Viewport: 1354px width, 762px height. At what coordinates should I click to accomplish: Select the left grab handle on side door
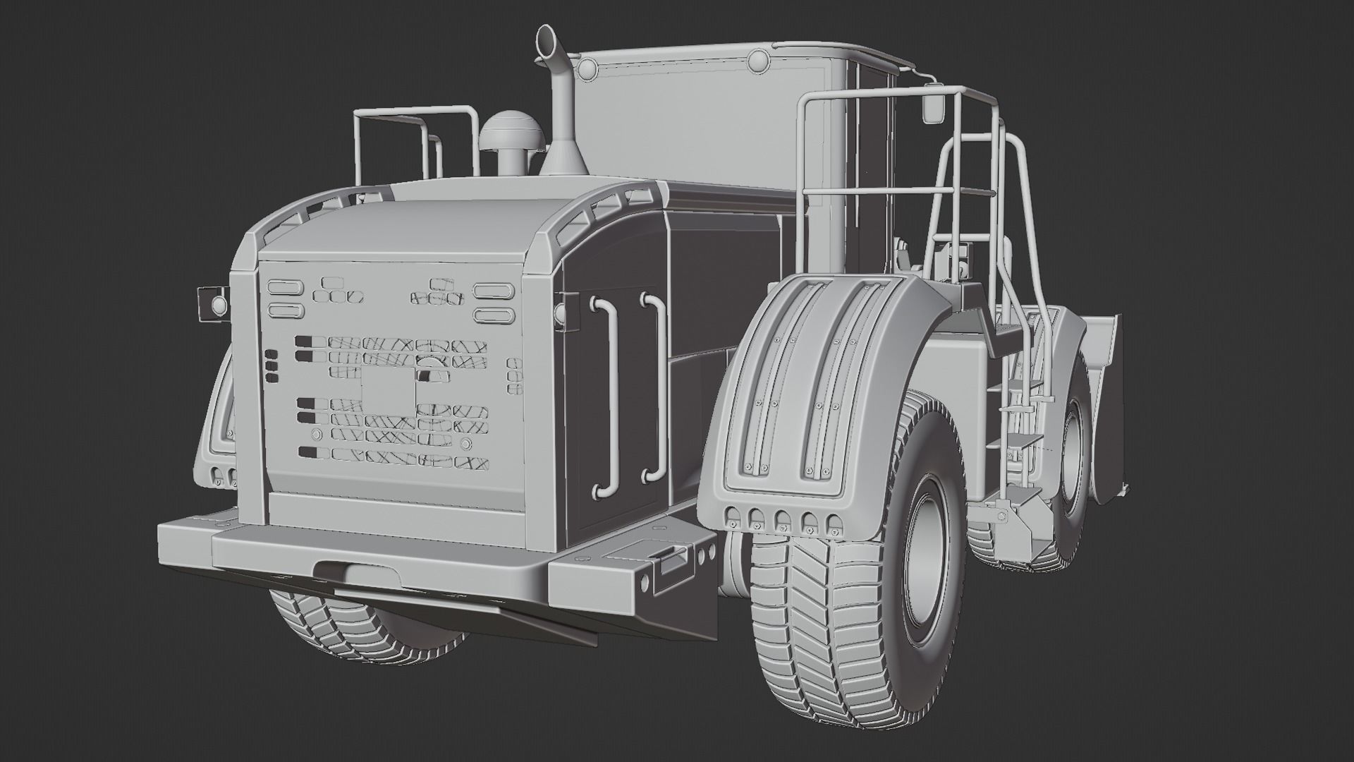607,395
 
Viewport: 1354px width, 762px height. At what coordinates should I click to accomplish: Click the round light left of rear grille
219,305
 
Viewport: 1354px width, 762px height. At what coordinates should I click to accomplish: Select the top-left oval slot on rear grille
286,287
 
